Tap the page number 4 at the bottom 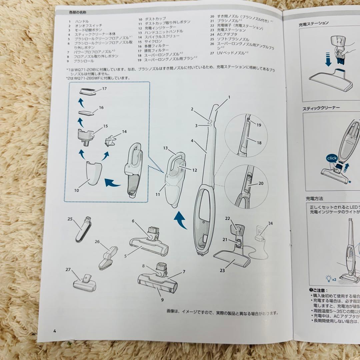[x=54, y=331]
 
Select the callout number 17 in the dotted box [x=104, y=89]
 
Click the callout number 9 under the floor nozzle [x=162, y=299]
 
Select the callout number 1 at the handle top [x=229, y=97]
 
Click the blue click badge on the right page [x=332, y=158]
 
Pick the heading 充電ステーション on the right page [x=314, y=23]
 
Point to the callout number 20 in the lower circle [x=261, y=183]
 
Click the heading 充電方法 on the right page [x=314, y=198]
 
